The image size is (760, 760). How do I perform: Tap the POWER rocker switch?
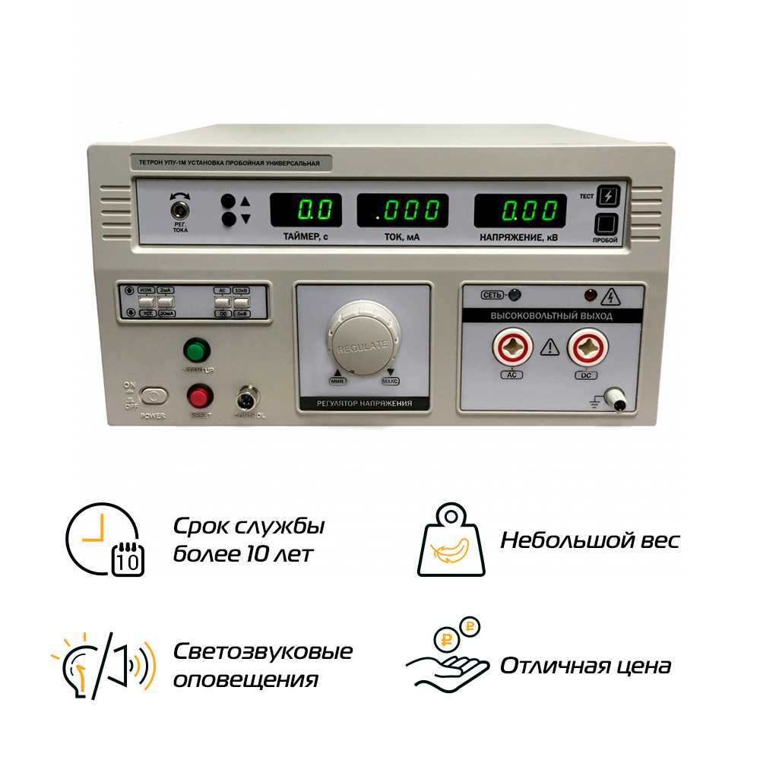point(154,397)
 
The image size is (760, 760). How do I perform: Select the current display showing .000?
point(402,210)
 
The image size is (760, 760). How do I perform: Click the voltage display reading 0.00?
point(521,210)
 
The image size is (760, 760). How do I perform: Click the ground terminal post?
point(619,398)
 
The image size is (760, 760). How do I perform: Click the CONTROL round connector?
point(248,396)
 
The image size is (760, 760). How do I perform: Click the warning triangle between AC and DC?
point(549,349)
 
